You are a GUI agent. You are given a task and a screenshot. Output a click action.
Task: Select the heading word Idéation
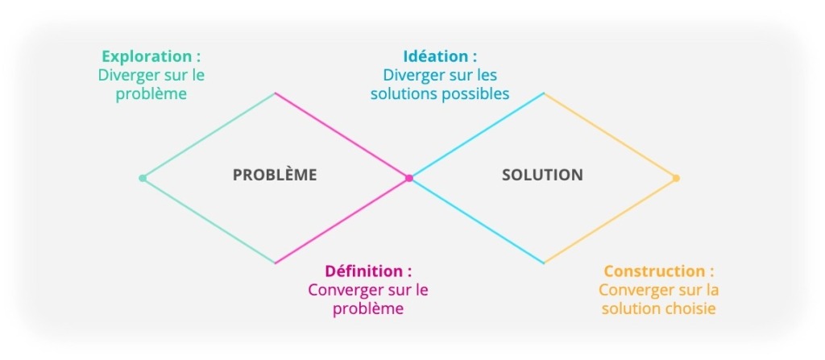(x=435, y=57)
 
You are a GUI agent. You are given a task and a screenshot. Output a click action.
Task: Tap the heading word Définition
(x=363, y=271)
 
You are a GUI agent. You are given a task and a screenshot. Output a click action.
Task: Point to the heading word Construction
(x=653, y=271)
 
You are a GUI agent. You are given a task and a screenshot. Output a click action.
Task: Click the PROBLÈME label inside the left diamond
(x=275, y=175)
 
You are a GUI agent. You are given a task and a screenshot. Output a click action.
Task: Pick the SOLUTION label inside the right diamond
(x=542, y=175)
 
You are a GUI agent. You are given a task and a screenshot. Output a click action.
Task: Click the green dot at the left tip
(x=143, y=178)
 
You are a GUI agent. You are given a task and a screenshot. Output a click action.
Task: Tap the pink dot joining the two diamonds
(x=409, y=178)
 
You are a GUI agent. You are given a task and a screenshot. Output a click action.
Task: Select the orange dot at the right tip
(x=676, y=178)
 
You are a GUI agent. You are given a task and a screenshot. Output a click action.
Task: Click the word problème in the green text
(x=151, y=94)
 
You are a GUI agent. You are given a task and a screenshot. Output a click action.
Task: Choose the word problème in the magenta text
(x=368, y=308)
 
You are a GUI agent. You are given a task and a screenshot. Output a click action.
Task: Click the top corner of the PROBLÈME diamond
(x=276, y=93)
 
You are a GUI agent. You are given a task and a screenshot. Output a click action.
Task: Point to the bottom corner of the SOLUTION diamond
(x=544, y=263)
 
